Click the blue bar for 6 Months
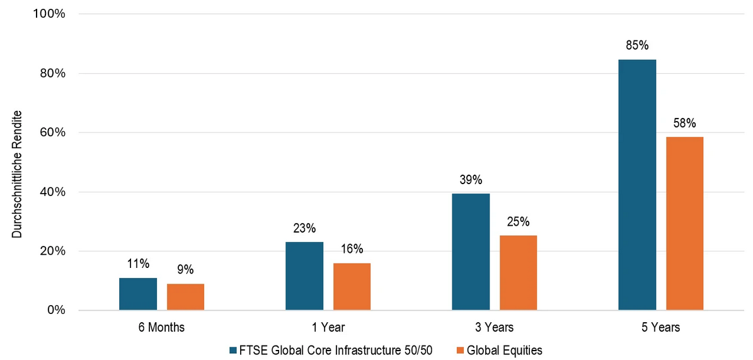click(138, 294)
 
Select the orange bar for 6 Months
click(185, 297)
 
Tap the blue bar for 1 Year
click(304, 276)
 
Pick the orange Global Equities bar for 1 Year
click(352, 287)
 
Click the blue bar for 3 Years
click(471, 252)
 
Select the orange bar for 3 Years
click(518, 273)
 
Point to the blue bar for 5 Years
click(637, 185)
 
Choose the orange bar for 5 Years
click(684, 224)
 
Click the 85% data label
click(637, 45)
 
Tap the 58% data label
click(684, 123)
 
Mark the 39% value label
click(471, 180)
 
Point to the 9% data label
click(185, 270)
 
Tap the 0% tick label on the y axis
click(56, 310)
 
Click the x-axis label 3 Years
click(495, 327)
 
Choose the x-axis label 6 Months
click(162, 327)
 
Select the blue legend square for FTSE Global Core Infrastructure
click(233, 349)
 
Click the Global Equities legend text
click(505, 349)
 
